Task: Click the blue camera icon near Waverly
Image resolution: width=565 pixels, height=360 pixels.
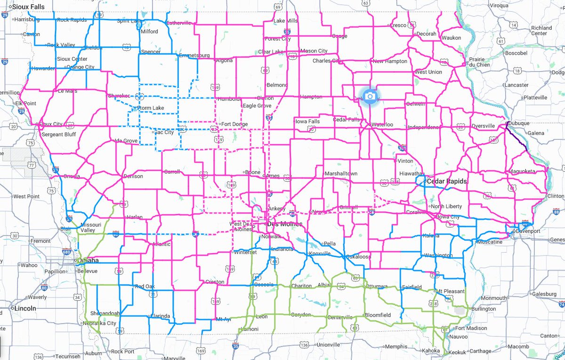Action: (x=370, y=96)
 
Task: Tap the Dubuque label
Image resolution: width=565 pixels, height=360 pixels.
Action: (x=521, y=123)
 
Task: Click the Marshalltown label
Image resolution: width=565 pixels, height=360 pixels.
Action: (x=341, y=173)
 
